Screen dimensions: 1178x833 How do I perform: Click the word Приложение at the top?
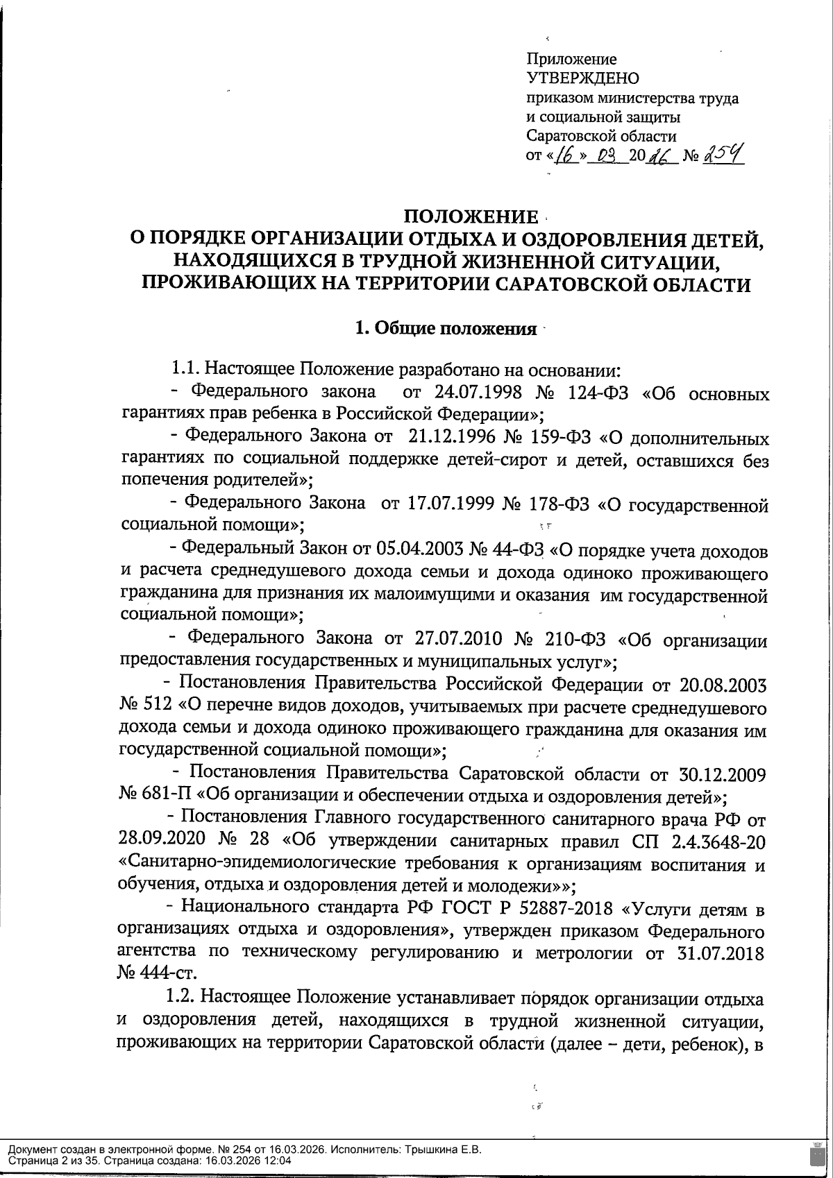click(x=571, y=60)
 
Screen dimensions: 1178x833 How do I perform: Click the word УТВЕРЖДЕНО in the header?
click(x=583, y=78)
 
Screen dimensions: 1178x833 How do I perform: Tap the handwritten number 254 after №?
click(x=723, y=155)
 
